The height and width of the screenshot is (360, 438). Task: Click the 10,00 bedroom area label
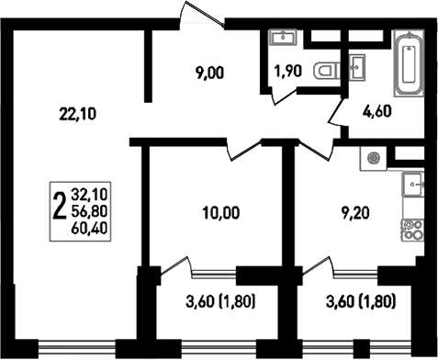click(x=220, y=213)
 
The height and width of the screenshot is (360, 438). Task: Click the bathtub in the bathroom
click(x=409, y=64)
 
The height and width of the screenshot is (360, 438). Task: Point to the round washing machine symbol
click(x=374, y=157)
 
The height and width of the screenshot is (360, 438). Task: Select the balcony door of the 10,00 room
click(x=175, y=268)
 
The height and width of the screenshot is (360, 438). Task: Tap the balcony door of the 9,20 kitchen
click(x=317, y=268)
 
